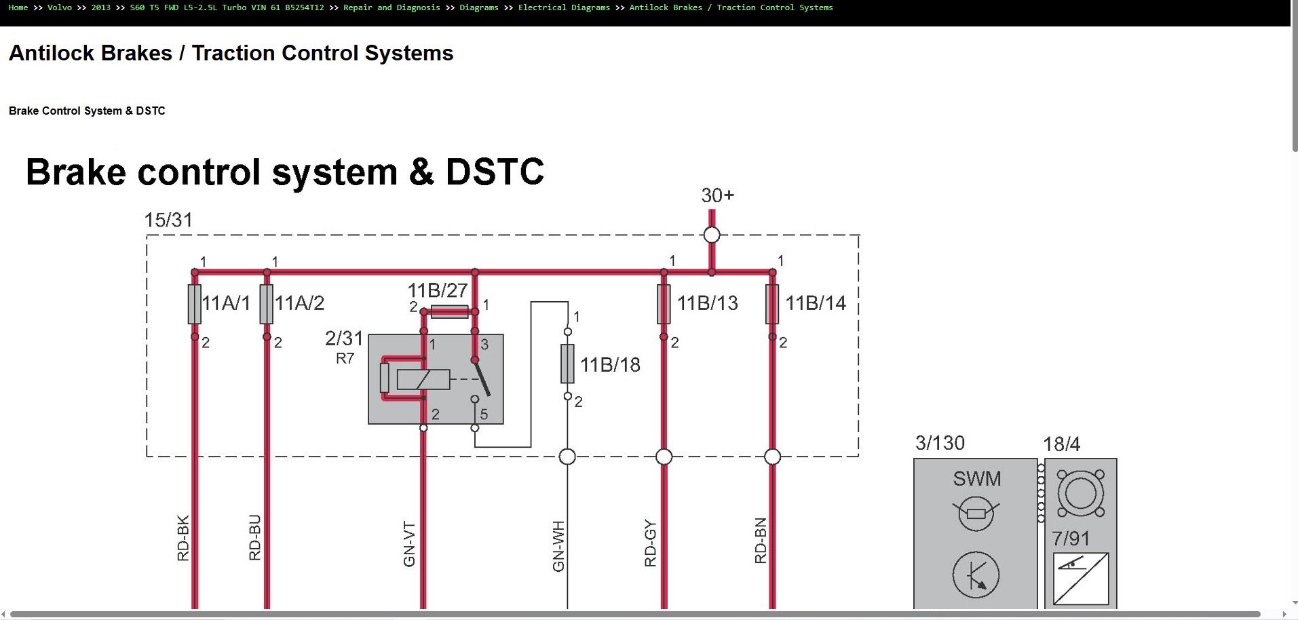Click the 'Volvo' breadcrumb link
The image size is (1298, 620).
pyautogui.click(x=60, y=7)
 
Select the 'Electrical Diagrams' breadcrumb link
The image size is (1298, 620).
pyautogui.click(x=564, y=7)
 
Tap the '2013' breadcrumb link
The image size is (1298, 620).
pyautogui.click(x=101, y=7)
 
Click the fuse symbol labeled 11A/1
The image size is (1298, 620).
pyautogui.click(x=195, y=304)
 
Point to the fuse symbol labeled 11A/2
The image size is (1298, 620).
pyautogui.click(x=267, y=304)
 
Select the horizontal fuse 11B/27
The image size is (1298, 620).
pyautogui.click(x=449, y=312)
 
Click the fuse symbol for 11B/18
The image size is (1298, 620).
pyautogui.click(x=567, y=364)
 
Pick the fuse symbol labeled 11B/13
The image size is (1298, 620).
pyautogui.click(x=664, y=304)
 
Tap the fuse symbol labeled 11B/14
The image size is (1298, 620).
pyautogui.click(x=772, y=304)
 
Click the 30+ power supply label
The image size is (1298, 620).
pyautogui.click(x=718, y=195)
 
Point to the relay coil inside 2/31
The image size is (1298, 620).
pyautogui.click(x=423, y=379)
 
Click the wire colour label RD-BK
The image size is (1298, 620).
pyautogui.click(x=183, y=539)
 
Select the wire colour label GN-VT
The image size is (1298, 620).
pyautogui.click(x=409, y=544)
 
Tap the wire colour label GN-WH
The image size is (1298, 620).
pyautogui.click(x=558, y=546)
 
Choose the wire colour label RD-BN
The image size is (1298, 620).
pyautogui.click(x=761, y=541)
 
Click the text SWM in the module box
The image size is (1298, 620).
pyautogui.click(x=977, y=479)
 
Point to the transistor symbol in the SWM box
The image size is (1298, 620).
pyautogui.click(x=976, y=575)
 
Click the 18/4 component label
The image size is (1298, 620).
pyautogui.click(x=1061, y=444)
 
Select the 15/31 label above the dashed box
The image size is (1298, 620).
pyautogui.click(x=168, y=220)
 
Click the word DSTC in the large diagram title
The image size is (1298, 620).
pyautogui.click(x=495, y=172)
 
